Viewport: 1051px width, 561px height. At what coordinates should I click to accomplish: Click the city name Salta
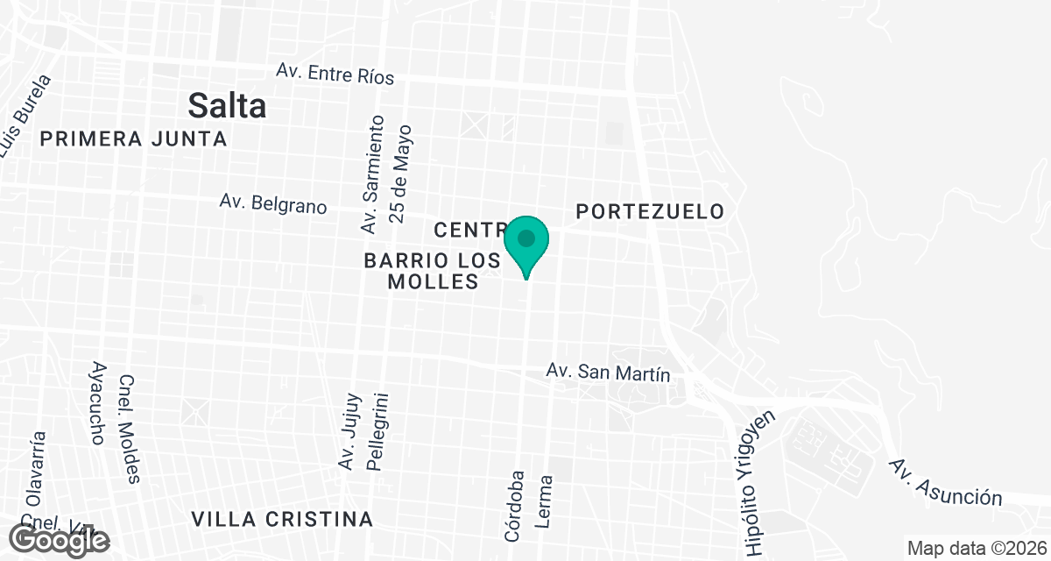(228, 106)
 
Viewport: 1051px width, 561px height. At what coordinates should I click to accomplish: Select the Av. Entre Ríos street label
(335, 73)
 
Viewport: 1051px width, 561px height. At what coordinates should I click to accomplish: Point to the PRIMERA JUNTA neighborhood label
(133, 138)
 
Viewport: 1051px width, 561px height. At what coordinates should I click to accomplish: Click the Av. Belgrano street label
(273, 203)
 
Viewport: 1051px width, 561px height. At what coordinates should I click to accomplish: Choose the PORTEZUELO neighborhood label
(650, 211)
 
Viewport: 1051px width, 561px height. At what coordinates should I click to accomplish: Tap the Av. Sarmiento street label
(373, 174)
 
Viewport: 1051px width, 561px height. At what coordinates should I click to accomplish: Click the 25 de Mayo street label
(402, 173)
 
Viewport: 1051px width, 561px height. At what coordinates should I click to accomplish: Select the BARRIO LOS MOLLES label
(432, 271)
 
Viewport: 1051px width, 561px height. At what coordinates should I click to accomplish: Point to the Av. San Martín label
(608, 373)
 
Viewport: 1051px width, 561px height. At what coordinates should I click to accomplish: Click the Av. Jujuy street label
(347, 430)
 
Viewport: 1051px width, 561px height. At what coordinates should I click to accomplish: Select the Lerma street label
(545, 501)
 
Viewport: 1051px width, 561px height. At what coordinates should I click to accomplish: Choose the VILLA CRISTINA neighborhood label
(282, 519)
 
